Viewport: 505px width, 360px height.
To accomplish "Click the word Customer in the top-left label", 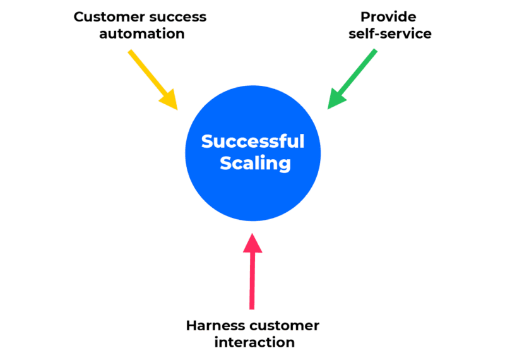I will pos(104,16).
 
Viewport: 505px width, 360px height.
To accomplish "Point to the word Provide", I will pos(388,17).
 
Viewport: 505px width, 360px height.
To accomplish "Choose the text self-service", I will pos(388,33).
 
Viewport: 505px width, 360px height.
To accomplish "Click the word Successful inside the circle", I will pos(252,141).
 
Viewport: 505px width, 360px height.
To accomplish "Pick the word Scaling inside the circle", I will pos(255,163).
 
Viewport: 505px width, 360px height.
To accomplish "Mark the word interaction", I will pos(254,342).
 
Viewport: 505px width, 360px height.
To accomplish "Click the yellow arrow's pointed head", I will pos(171,102).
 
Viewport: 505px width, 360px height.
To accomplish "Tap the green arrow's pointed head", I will pos(335,101).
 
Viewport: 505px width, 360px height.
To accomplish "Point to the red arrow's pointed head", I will pos(252,242).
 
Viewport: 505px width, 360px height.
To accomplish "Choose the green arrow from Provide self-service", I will pos(353,78).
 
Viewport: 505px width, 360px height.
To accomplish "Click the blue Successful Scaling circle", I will pos(252,189).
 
